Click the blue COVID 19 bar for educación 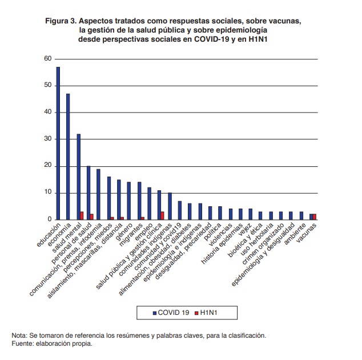pos(58,143)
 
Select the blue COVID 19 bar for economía pos(68,157)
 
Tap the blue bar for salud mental pos(79,177)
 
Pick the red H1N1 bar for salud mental pos(82,215)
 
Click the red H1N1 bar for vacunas pos(315,217)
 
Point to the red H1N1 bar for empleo pos(142,218)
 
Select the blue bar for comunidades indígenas pos(170,206)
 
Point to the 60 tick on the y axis pos(47,59)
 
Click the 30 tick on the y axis pos(47,139)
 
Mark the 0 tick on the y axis pos(50,219)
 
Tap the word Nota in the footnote pos(21,335)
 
